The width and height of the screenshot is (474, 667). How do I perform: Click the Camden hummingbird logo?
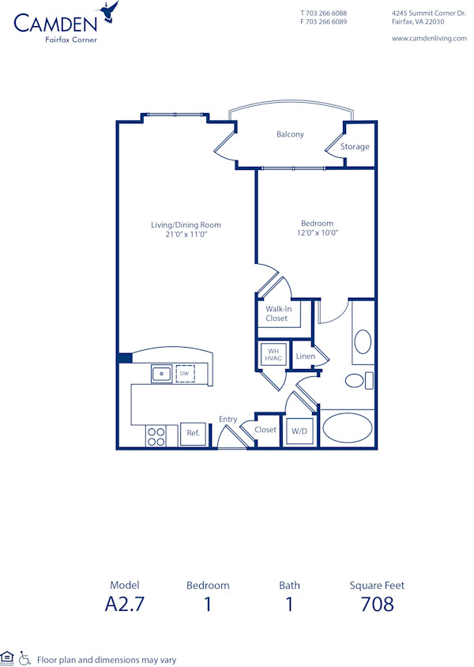(x=108, y=11)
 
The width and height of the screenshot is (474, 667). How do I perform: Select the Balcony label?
(x=290, y=134)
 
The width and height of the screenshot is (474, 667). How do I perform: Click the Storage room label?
(x=355, y=147)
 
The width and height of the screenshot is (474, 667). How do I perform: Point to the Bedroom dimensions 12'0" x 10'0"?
(x=317, y=233)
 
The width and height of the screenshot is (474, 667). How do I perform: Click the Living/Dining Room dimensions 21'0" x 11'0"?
(x=186, y=235)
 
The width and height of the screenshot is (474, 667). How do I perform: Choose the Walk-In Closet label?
(x=277, y=314)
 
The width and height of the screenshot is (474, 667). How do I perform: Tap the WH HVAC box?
(x=273, y=355)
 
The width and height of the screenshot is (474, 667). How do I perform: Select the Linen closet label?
(x=306, y=357)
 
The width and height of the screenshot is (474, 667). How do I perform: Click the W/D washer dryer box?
(x=299, y=431)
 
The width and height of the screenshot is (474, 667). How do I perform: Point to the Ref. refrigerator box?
(x=193, y=433)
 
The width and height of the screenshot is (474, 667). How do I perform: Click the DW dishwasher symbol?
(x=184, y=373)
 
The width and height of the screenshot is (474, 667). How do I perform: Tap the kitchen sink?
(x=162, y=373)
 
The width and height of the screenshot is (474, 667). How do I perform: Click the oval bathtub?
(x=347, y=429)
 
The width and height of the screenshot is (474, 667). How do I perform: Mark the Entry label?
(x=228, y=420)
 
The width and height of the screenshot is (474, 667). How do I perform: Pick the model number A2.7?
(x=124, y=605)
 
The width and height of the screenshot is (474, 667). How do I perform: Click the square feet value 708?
(x=377, y=605)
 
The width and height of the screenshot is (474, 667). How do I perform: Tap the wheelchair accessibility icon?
(x=24, y=658)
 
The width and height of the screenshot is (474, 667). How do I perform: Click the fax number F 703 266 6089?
(x=323, y=22)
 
